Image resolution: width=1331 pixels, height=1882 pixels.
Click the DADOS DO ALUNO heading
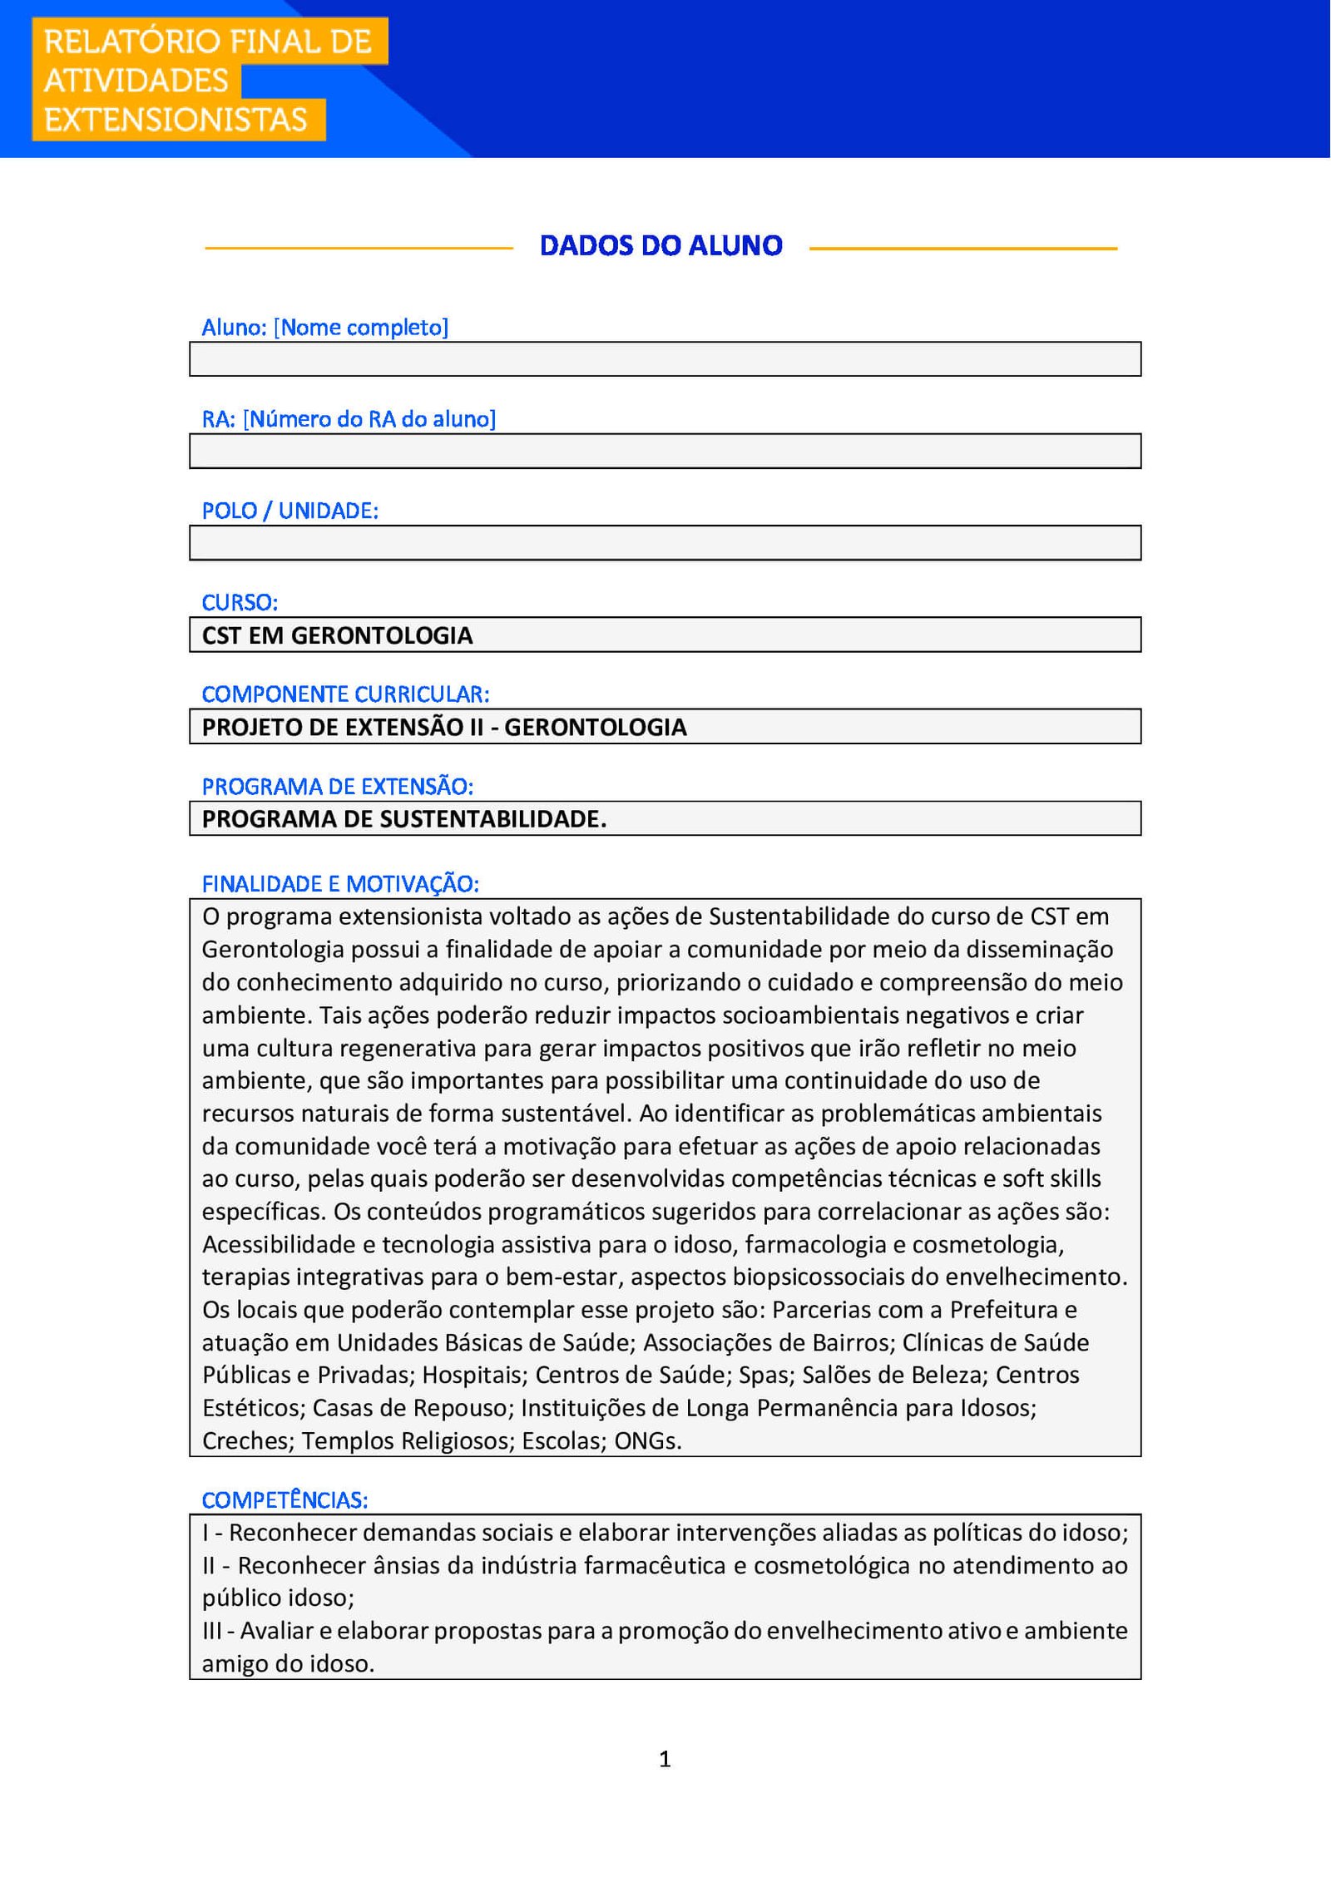tap(661, 245)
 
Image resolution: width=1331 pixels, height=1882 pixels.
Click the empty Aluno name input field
tap(665, 359)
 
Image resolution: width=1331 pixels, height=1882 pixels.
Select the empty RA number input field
tap(665, 451)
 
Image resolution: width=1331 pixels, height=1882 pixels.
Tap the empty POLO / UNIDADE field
tap(665, 542)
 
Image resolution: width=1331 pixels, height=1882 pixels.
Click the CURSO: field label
tap(240, 602)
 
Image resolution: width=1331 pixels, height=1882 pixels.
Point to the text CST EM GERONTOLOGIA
tap(337, 635)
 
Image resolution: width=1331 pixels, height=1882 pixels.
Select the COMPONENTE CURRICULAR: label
tap(345, 694)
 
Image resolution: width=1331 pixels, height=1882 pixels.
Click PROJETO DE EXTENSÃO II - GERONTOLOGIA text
tap(444, 727)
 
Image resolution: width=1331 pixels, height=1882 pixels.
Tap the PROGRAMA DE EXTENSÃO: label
tap(337, 786)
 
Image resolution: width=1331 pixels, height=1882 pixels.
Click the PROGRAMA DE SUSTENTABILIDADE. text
tap(404, 819)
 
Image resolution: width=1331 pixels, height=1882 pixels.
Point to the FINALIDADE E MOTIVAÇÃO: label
tap(340, 883)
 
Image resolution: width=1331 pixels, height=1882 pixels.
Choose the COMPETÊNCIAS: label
tap(285, 1500)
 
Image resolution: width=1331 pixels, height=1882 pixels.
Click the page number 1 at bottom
tap(665, 1759)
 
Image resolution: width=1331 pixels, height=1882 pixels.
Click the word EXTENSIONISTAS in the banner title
tap(176, 120)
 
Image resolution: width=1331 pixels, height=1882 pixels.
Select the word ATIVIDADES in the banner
tap(136, 81)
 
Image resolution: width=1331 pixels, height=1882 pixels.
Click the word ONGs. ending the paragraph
tap(648, 1441)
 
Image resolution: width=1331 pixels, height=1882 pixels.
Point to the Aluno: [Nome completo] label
tap(324, 328)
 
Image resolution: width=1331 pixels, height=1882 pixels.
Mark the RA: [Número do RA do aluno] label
tap(349, 419)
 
